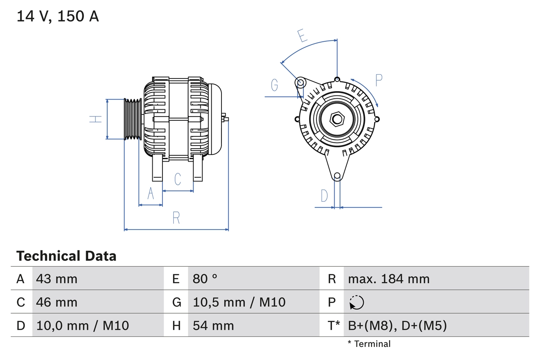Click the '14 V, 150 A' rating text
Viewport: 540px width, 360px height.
coord(58,16)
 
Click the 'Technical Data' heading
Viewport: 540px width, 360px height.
coord(66,256)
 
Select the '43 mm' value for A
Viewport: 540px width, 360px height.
coord(57,279)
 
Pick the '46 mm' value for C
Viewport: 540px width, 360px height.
coord(57,302)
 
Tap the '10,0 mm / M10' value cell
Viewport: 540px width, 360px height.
coord(83,325)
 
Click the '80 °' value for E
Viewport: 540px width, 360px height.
coord(205,279)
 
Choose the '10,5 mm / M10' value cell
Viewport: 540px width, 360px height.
coord(239,302)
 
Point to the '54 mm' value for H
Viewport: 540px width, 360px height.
coord(213,325)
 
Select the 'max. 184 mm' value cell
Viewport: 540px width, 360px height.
coord(389,279)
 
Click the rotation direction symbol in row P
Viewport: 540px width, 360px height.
coord(356,302)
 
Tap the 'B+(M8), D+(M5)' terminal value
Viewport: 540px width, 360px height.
coord(397,325)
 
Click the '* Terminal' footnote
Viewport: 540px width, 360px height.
coord(369,344)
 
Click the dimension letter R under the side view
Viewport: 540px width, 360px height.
coord(176,218)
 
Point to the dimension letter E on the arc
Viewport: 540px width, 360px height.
coord(302,36)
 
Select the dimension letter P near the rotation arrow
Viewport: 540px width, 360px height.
coord(378,80)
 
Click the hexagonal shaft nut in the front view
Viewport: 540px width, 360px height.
coord(337,119)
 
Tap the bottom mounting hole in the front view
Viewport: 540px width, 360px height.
coord(337,176)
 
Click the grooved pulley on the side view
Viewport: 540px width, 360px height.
coord(133,119)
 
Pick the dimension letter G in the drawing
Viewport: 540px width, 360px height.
coord(275,85)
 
